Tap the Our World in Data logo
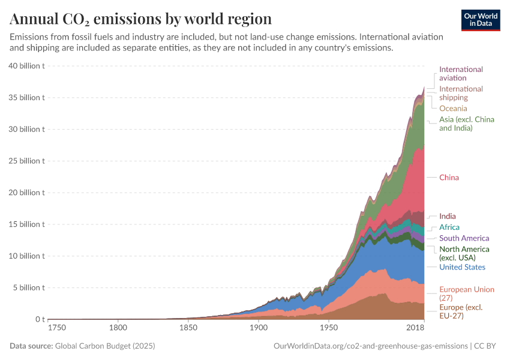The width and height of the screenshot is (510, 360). click(x=481, y=20)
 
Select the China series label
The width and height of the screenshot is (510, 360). click(x=449, y=178)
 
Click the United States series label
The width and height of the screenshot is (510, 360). click(x=462, y=267)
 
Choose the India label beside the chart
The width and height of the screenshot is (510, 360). click(x=447, y=216)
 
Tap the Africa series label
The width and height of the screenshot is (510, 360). click(x=449, y=227)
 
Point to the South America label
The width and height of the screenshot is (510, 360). click(x=464, y=238)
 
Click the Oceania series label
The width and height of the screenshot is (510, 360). click(x=453, y=109)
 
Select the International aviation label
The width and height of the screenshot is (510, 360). click(x=461, y=73)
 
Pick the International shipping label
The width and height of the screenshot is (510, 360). click(x=461, y=93)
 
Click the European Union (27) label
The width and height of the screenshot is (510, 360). click(x=466, y=293)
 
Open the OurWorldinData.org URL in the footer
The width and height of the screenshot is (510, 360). click(x=370, y=346)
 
